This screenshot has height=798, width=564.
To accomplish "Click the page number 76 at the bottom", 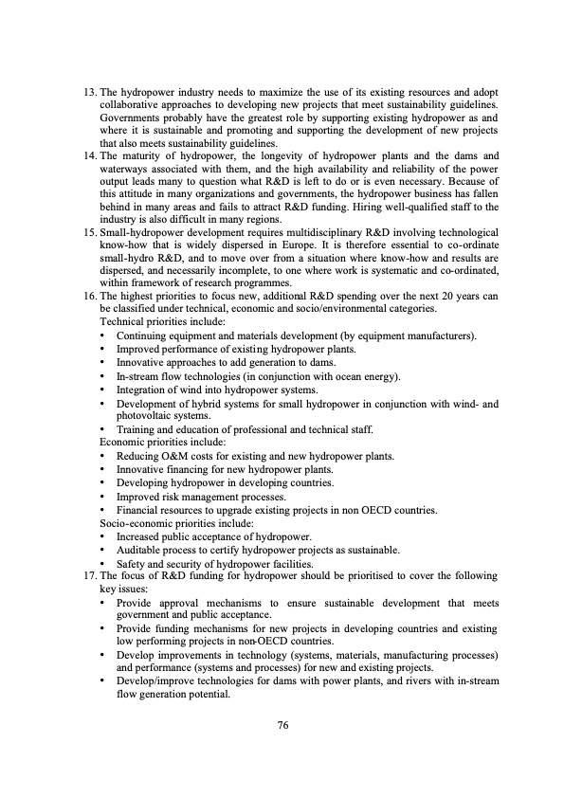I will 282,725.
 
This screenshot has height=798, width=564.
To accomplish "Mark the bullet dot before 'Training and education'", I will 102,429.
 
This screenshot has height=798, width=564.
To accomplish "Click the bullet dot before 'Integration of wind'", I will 102,389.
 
